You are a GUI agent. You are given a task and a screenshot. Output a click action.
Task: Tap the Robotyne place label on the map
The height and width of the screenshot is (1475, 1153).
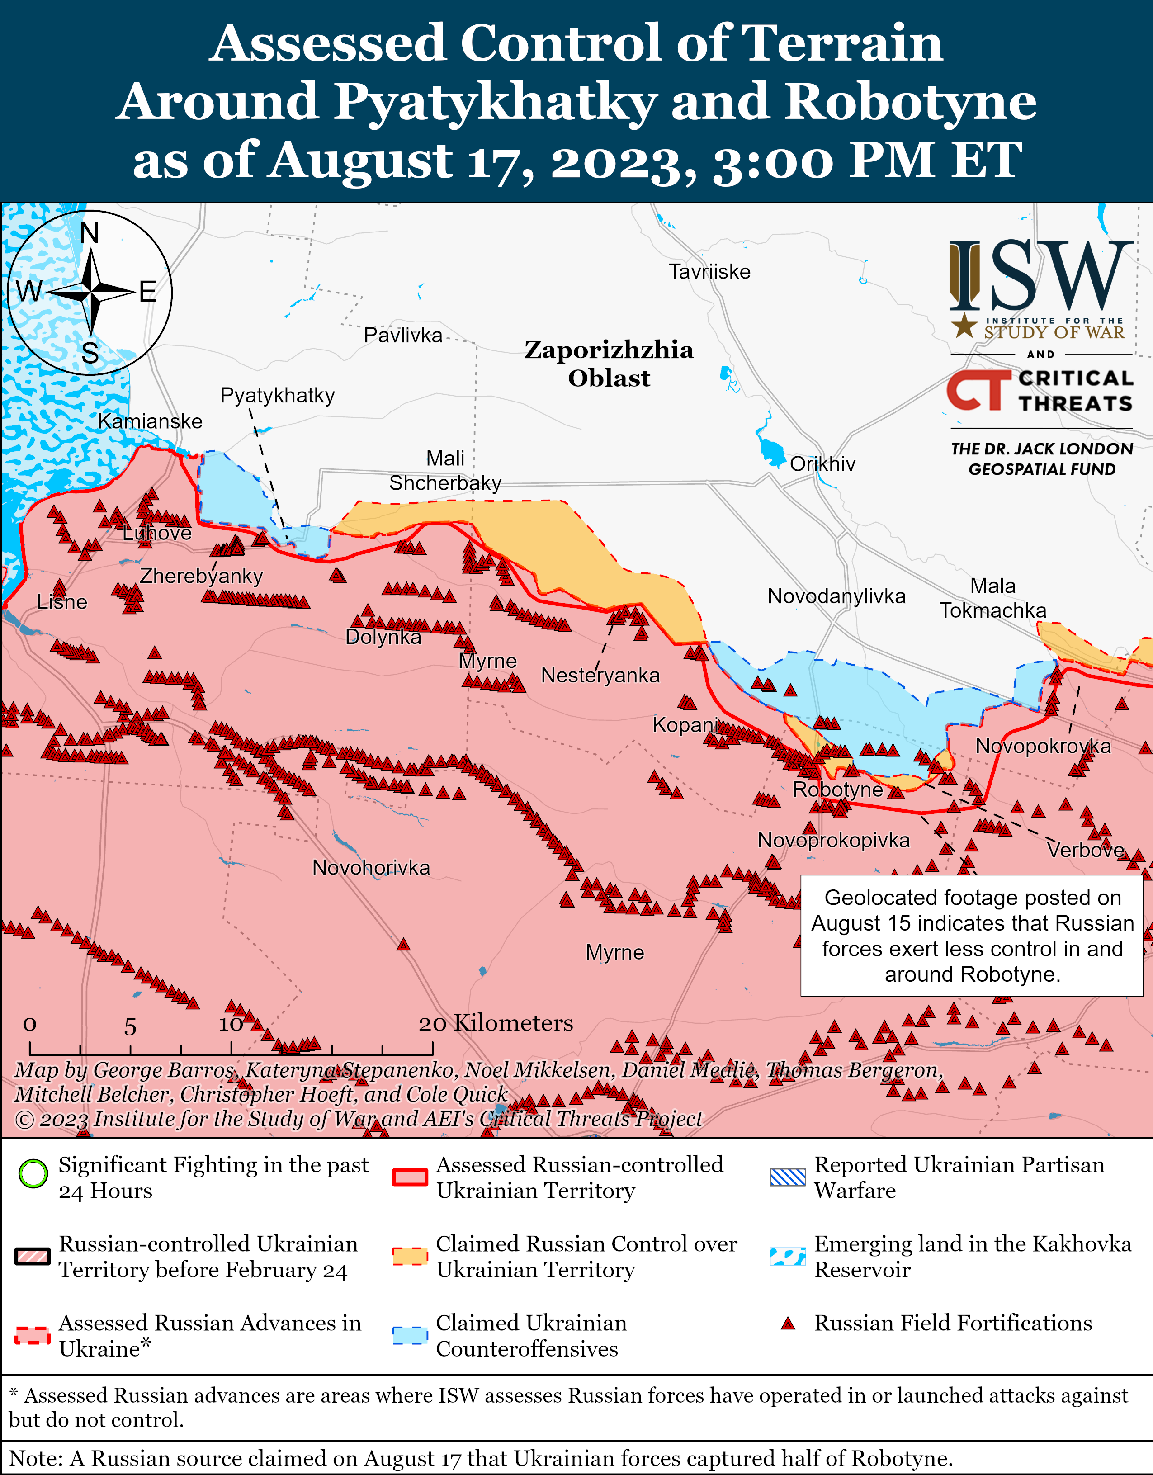(837, 790)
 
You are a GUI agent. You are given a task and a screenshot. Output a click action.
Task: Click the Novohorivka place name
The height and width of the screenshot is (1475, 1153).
(370, 867)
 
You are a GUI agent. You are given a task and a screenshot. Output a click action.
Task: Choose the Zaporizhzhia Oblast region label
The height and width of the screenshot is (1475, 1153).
(609, 364)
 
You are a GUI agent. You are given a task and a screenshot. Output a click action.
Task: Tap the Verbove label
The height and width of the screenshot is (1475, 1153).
(1085, 850)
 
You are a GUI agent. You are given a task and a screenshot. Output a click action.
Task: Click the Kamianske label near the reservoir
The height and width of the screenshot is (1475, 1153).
(150, 421)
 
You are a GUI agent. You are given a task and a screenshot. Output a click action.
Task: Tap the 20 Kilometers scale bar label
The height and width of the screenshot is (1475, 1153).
(495, 1023)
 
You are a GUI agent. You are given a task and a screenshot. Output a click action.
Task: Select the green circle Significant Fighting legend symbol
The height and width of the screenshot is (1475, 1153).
(33, 1173)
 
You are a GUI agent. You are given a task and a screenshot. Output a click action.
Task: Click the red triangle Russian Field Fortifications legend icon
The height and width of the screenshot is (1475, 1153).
(787, 1324)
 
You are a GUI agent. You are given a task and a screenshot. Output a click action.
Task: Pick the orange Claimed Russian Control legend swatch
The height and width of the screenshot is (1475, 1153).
(410, 1256)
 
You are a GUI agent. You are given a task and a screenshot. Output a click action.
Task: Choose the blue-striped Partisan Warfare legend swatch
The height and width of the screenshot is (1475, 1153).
(788, 1177)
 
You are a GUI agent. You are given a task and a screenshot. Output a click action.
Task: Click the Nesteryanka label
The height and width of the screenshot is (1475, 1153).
(600, 676)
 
